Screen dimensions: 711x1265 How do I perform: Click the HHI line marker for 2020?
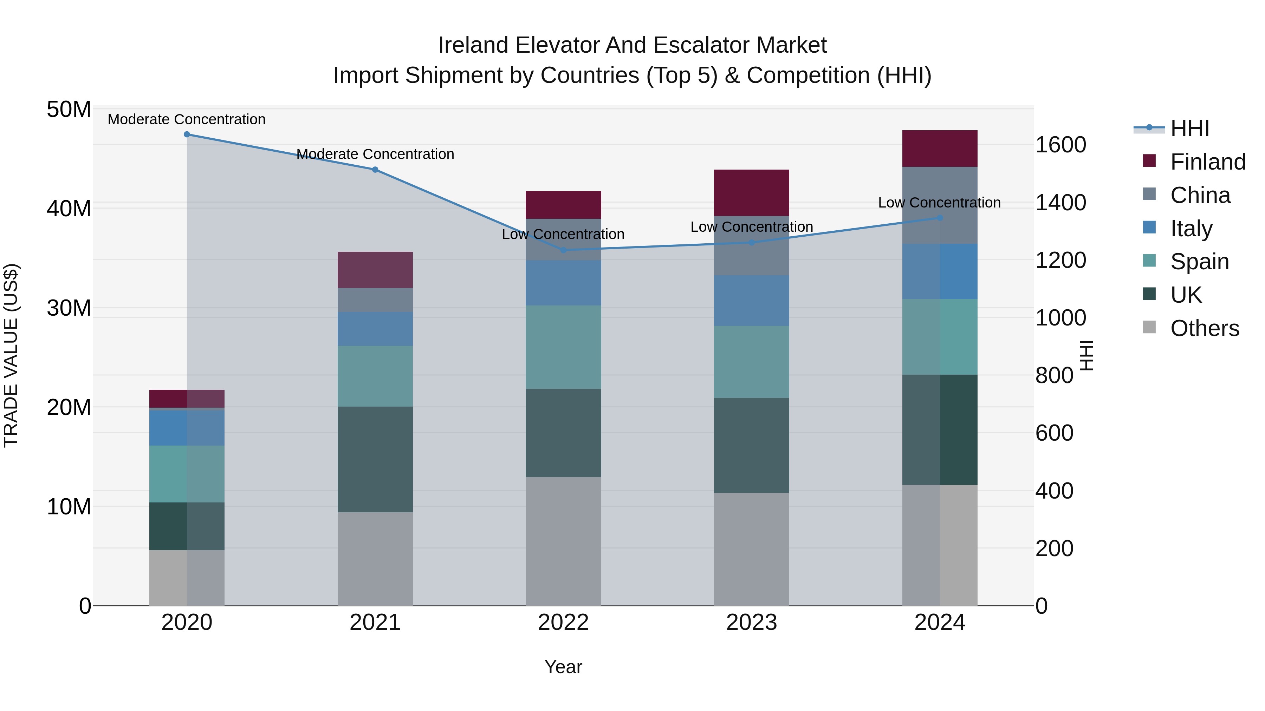[187, 134]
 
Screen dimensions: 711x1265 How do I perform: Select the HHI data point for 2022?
[563, 250]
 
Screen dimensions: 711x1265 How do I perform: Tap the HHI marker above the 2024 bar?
[939, 218]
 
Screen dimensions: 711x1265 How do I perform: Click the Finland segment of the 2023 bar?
[751, 193]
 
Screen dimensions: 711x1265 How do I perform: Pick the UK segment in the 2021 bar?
[375, 459]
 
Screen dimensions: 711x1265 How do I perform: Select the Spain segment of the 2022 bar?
[563, 347]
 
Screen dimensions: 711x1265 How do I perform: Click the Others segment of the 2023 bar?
[751, 549]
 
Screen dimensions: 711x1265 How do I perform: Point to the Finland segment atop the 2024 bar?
[939, 149]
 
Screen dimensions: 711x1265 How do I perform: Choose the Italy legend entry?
[1191, 229]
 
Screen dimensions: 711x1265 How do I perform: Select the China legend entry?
[1200, 195]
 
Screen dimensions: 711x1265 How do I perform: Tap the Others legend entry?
[1204, 328]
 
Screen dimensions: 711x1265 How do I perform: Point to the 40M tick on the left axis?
[69, 209]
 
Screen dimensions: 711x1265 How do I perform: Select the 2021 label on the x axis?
[375, 623]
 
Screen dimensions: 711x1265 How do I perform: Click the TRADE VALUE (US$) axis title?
[11, 355]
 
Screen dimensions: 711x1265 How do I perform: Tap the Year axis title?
[563, 667]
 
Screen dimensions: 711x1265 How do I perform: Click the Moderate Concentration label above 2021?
[375, 154]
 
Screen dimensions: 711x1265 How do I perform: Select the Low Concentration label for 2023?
[751, 227]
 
